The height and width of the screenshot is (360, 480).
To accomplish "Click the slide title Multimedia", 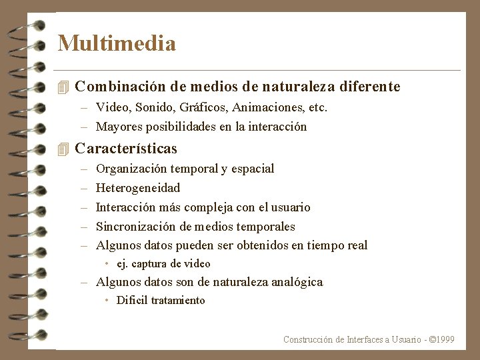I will coord(117,44).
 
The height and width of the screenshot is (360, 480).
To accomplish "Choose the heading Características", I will coord(126,149).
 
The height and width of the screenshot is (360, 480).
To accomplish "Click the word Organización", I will coord(131,169).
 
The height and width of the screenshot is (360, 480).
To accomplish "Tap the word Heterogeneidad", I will coord(138,188).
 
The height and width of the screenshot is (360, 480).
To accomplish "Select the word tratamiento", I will coord(178,301).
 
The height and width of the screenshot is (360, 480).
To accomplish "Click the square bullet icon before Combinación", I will coord(63,87).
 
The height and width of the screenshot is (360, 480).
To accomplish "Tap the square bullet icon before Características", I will coord(63,149).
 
